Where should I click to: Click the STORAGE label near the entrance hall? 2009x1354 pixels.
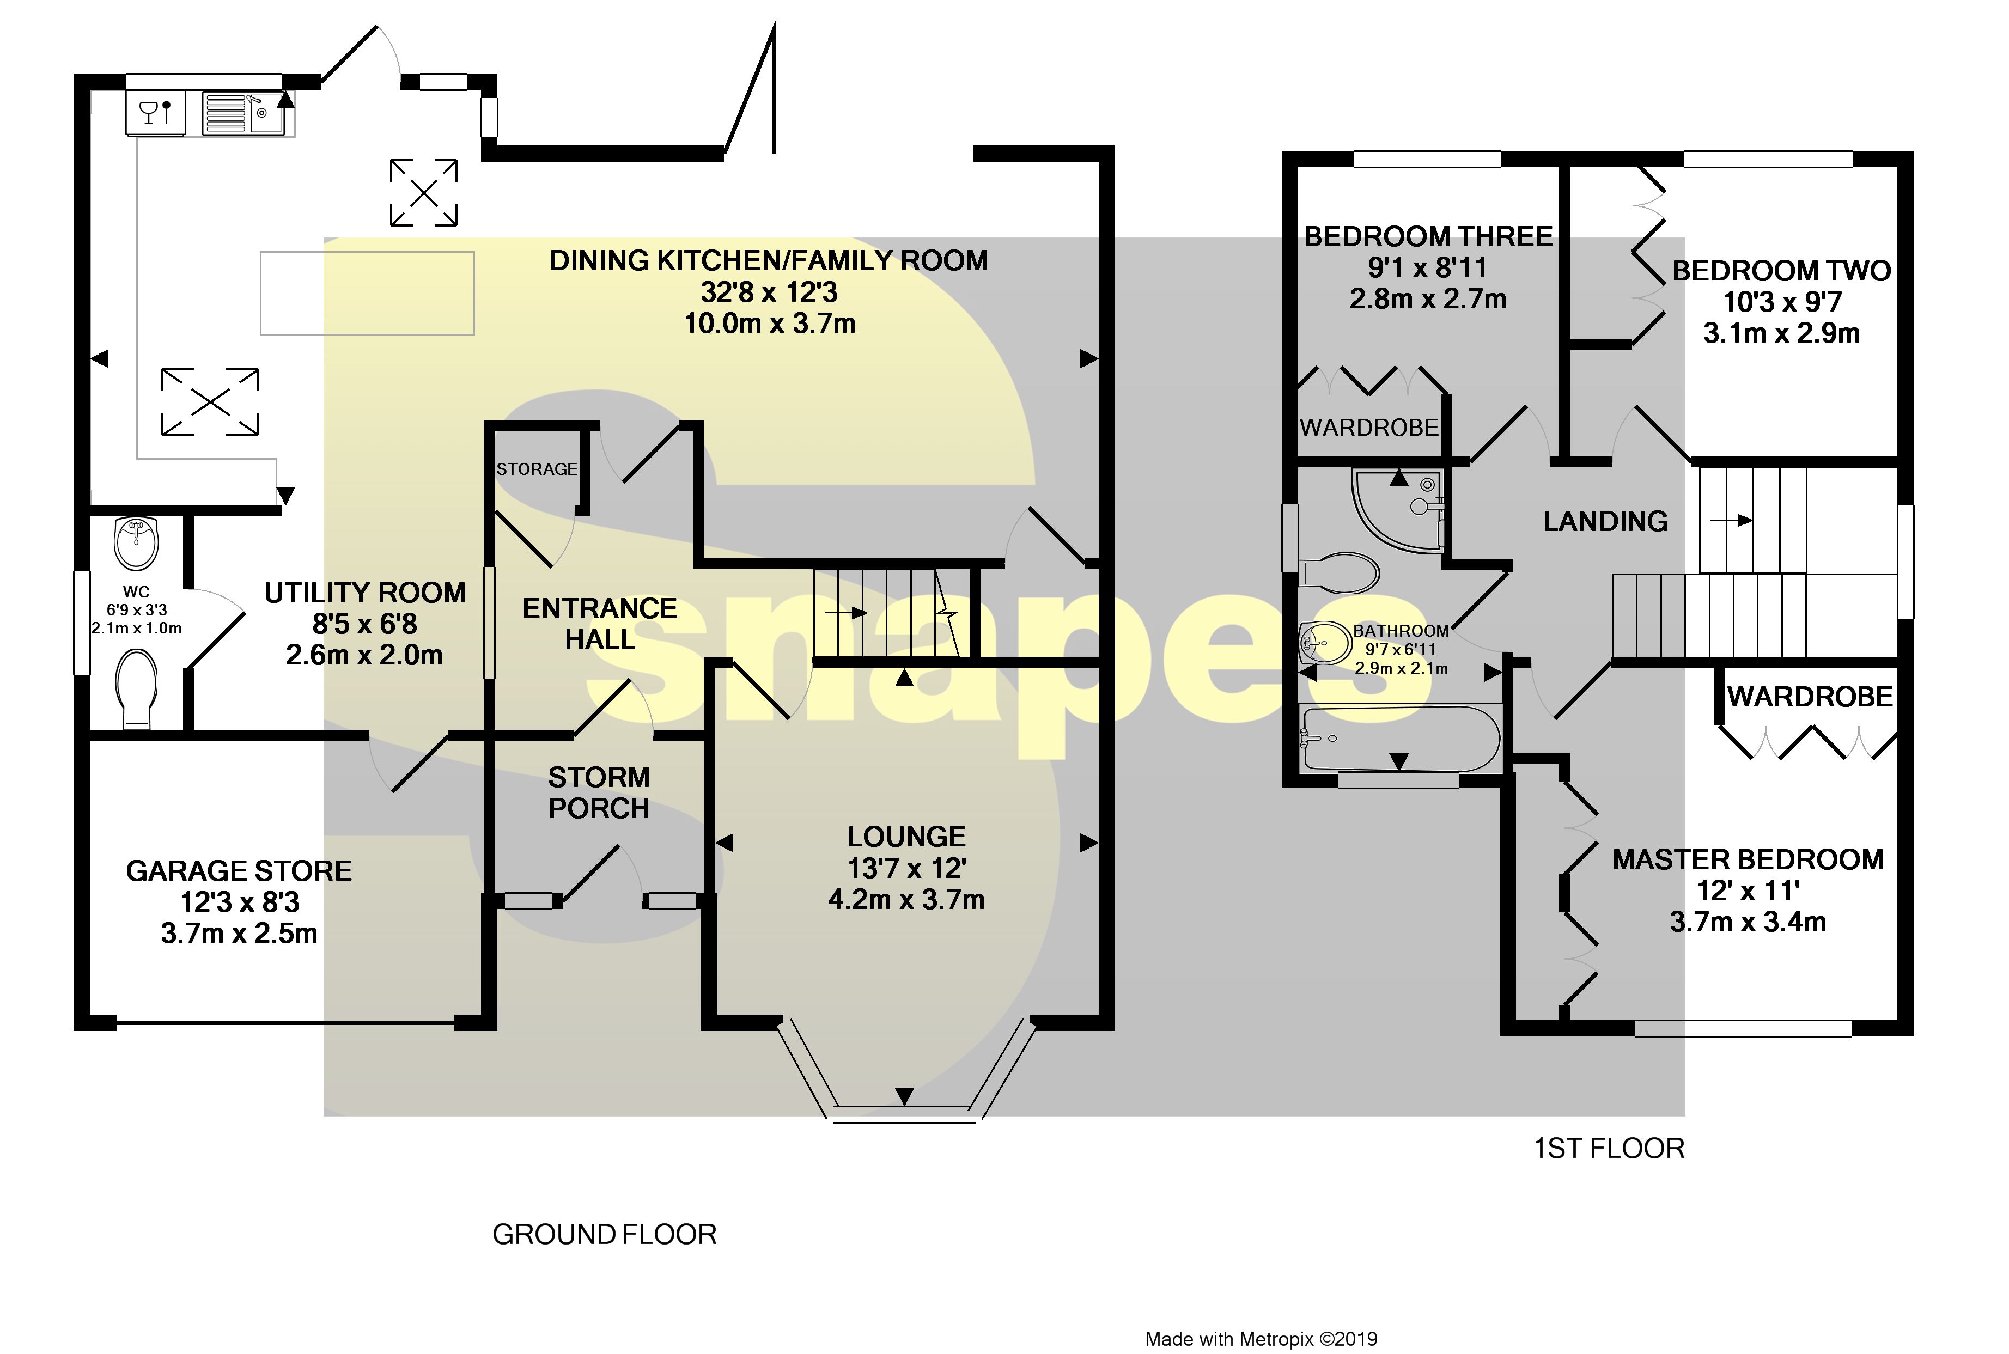[x=537, y=469]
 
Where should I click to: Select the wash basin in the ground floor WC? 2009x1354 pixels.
[x=137, y=543]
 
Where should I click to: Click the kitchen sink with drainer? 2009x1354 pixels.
[x=243, y=114]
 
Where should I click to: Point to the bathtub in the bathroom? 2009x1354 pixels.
[x=1400, y=739]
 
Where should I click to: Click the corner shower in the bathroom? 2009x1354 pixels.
[x=1399, y=509]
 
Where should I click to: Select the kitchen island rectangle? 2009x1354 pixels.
[x=367, y=292]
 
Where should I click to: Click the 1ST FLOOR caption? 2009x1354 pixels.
[x=1608, y=1149]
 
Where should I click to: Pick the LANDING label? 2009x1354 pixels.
[x=1605, y=522]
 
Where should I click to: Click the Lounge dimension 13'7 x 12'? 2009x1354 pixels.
[x=906, y=868]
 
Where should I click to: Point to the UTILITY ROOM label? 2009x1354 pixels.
[x=364, y=593]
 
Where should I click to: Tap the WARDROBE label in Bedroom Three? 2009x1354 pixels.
[x=1369, y=428]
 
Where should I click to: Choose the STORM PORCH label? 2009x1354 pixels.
[x=599, y=792]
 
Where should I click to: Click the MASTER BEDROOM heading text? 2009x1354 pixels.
[x=1748, y=860]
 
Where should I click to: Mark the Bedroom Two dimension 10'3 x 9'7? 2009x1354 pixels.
[x=1782, y=302]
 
